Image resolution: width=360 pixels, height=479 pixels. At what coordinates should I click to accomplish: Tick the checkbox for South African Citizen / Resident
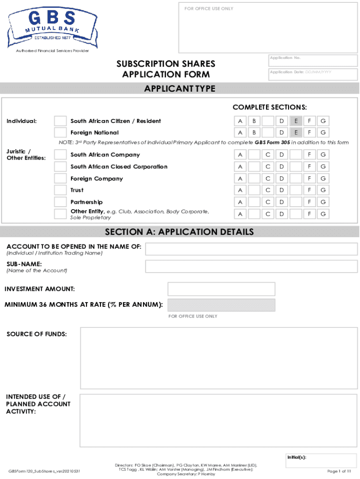coord(60,121)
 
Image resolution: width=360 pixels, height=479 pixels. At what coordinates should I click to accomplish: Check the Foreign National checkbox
coord(60,133)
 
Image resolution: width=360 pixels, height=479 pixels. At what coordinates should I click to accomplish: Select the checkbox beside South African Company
coord(60,155)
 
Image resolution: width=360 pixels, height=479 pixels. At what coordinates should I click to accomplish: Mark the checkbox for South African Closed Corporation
coord(60,167)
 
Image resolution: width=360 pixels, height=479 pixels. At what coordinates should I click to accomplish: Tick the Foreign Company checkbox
coord(60,178)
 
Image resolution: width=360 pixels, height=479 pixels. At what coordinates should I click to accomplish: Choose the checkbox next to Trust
coord(60,190)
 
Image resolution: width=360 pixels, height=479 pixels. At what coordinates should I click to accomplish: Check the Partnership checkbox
coord(60,202)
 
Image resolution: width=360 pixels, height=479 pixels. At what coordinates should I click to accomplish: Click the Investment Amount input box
coord(221,289)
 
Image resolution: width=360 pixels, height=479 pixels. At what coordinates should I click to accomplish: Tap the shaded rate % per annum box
coord(221,305)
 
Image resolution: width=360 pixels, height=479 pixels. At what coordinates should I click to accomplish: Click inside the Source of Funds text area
coord(218,358)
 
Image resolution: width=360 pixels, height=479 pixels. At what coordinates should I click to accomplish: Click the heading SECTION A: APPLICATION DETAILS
coord(180,232)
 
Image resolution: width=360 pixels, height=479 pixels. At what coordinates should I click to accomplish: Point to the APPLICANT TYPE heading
coord(180,89)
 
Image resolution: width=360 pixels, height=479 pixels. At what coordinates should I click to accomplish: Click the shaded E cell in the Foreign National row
coord(295,133)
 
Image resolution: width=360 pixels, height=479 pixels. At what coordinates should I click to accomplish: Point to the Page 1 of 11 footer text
coord(339,471)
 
